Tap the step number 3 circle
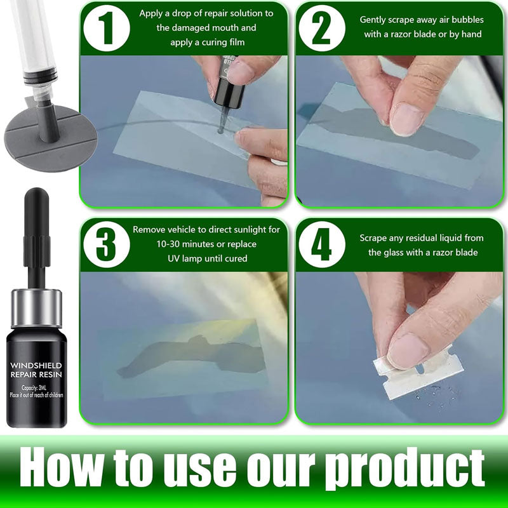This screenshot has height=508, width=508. pos(106,245)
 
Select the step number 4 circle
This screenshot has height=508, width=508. pos(323,245)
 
